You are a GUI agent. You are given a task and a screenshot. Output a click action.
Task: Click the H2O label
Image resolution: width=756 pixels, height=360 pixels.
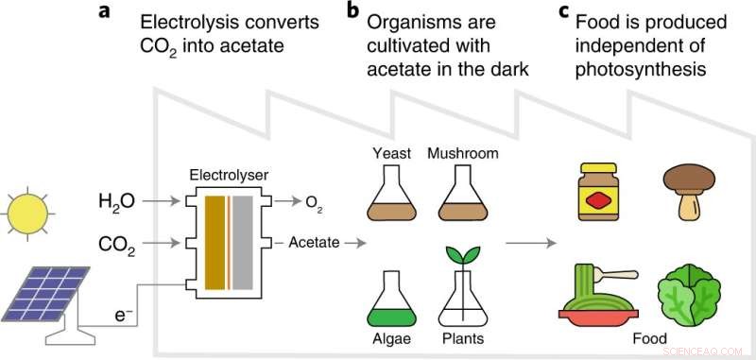(x=116, y=200)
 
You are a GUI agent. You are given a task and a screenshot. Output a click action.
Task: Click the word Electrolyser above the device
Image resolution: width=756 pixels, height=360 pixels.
(x=228, y=175)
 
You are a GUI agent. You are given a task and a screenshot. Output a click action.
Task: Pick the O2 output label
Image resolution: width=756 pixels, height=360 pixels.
(x=314, y=200)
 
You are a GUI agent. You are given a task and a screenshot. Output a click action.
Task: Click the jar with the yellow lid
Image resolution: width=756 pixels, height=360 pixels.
(x=598, y=193)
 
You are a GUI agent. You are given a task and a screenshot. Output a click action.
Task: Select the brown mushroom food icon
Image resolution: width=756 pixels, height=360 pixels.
(x=686, y=190)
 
